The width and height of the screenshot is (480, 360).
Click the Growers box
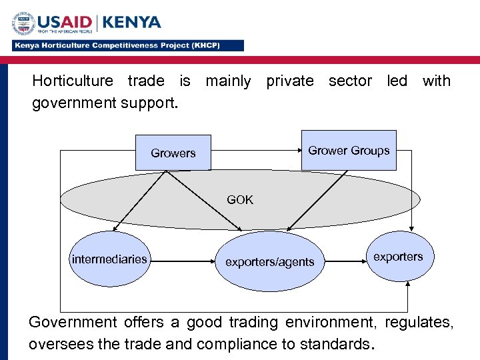tap(173, 153)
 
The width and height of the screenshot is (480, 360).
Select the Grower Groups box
tap(349, 151)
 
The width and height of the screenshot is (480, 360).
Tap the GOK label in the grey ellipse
tap(240, 199)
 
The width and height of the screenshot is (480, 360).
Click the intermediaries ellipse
tap(109, 259)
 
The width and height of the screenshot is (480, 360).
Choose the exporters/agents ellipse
tap(269, 262)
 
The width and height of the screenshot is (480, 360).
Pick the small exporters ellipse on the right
tap(398, 257)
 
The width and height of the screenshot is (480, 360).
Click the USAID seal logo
tap(24, 25)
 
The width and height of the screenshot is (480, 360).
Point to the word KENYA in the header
tap(132, 22)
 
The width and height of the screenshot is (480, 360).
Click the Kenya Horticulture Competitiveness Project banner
tap(127, 45)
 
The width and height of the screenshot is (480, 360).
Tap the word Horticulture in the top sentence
tap(73, 81)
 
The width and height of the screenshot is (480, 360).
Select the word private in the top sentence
tap(289, 81)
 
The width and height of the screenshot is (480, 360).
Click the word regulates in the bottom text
tap(419, 323)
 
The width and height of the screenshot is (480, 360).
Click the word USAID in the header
tap(67, 22)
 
